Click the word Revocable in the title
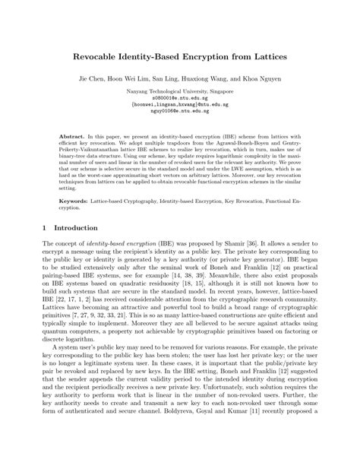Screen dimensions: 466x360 [x=96, y=57]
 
